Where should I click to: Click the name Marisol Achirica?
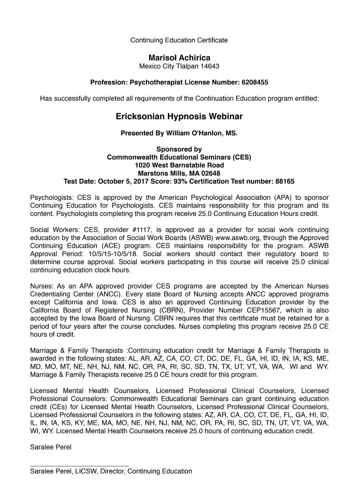pyautogui.click(x=179, y=58)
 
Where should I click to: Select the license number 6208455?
pyautogui.click(x=255, y=82)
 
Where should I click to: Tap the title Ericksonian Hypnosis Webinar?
pyautogui.click(x=179, y=117)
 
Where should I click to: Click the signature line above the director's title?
pyautogui.click(x=79, y=466)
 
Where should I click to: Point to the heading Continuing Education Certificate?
pyautogui.click(x=179, y=40)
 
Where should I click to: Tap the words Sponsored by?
pyautogui.click(x=179, y=149)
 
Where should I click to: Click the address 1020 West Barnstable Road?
pyautogui.click(x=179, y=165)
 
